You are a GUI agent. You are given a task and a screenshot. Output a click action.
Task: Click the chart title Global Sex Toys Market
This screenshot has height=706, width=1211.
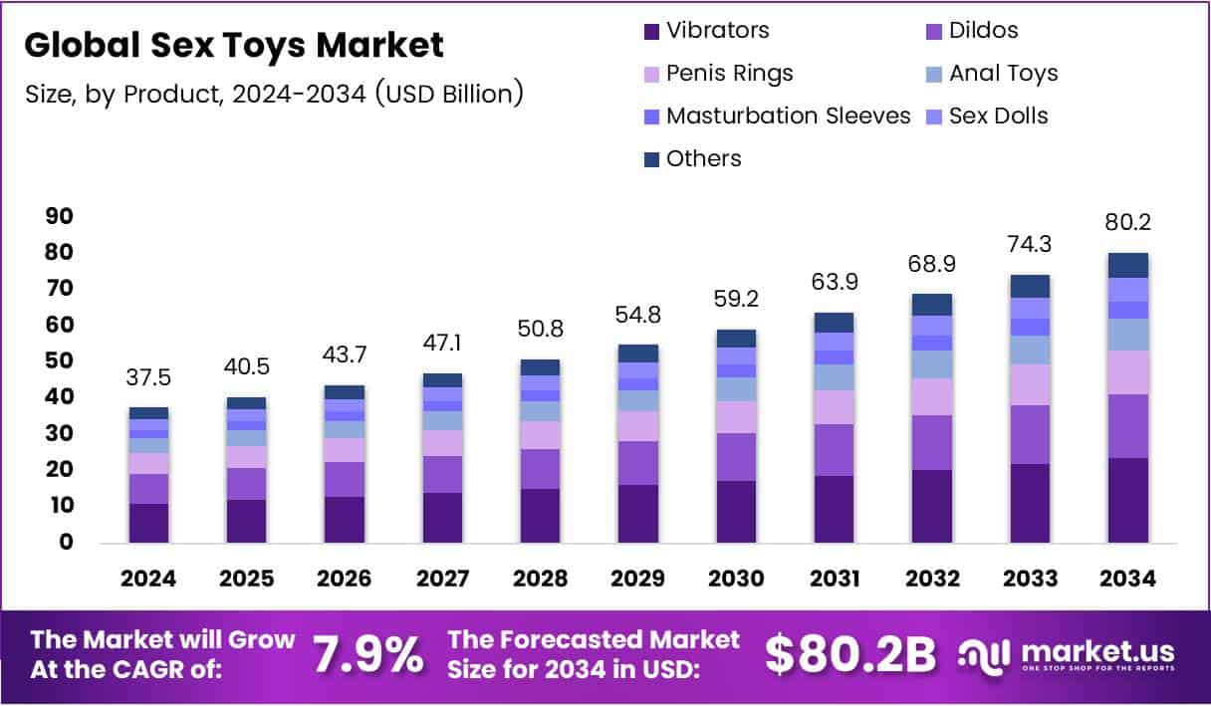click(234, 46)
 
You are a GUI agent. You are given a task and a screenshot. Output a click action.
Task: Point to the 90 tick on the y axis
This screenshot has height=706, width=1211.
click(60, 216)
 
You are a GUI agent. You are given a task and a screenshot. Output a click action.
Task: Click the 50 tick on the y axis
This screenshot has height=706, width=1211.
click(60, 361)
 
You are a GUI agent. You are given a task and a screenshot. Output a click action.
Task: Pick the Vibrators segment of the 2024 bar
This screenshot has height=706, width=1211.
click(148, 523)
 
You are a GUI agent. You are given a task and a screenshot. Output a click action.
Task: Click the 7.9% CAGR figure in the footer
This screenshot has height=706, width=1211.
click(367, 654)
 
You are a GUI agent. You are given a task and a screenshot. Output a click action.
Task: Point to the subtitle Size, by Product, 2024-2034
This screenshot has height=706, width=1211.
click(274, 95)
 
